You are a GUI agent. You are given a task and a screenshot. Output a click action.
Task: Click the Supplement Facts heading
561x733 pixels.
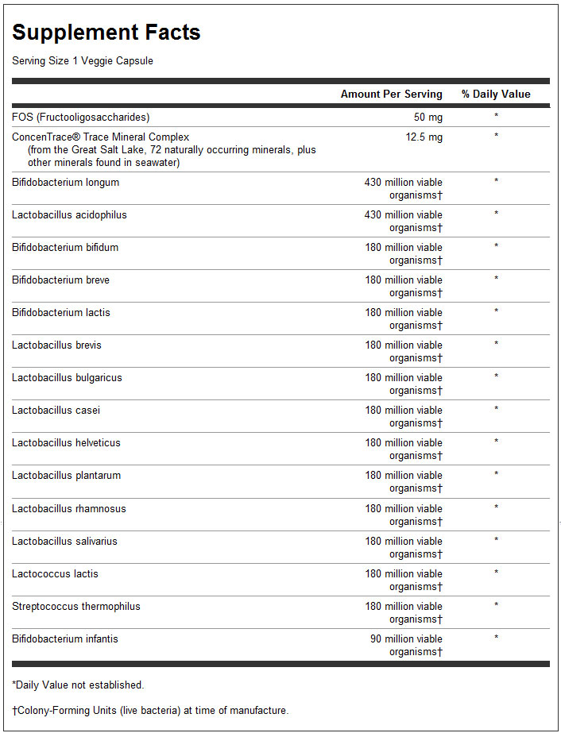click(x=106, y=33)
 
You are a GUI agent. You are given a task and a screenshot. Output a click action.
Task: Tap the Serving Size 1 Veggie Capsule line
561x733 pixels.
click(x=83, y=61)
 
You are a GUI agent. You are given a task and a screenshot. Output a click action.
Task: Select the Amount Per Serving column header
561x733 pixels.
click(x=392, y=94)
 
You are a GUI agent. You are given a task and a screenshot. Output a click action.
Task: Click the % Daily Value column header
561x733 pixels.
click(x=496, y=94)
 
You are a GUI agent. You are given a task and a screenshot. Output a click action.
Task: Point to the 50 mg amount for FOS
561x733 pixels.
click(x=428, y=117)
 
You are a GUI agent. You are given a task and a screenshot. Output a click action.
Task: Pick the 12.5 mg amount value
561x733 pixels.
click(x=425, y=137)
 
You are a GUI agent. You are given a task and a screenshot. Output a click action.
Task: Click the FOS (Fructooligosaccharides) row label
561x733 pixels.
click(x=80, y=117)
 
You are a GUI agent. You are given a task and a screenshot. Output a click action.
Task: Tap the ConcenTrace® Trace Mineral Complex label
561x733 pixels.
click(x=101, y=137)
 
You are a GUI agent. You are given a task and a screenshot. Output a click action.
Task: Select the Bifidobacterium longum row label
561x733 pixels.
click(x=65, y=182)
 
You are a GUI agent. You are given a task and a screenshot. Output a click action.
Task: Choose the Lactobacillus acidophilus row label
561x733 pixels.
click(x=69, y=214)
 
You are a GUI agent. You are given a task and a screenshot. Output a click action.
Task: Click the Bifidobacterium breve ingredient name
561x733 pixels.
click(x=61, y=280)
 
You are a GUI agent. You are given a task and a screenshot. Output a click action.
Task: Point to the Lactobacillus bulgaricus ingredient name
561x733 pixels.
click(x=67, y=377)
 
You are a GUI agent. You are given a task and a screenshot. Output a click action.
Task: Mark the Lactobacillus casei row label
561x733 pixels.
click(x=56, y=410)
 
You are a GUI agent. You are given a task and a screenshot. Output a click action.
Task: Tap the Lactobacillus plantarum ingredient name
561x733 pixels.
click(x=67, y=475)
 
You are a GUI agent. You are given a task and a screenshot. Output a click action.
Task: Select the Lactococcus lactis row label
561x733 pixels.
click(x=55, y=573)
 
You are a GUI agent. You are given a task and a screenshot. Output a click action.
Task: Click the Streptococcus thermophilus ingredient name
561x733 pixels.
click(x=76, y=606)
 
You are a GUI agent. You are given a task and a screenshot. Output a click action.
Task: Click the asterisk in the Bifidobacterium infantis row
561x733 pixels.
click(x=496, y=638)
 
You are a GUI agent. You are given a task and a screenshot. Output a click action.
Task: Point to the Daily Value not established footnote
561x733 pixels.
click(x=78, y=685)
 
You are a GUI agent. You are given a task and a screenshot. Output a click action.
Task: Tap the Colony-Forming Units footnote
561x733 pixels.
click(x=150, y=710)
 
